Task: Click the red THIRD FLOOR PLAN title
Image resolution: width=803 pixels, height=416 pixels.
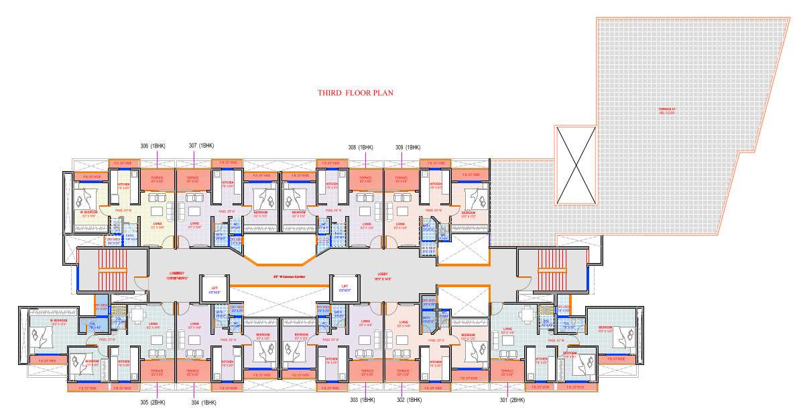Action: pos(355,93)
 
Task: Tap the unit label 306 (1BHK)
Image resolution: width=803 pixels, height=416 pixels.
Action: pos(153,146)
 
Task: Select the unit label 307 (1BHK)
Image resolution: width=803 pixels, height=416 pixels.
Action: pos(201,146)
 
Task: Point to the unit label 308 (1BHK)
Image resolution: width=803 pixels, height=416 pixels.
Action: pos(361,147)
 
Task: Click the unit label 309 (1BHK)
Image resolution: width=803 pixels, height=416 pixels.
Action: pos(408,147)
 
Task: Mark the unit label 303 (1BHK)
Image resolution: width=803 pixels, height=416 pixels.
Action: pos(362,401)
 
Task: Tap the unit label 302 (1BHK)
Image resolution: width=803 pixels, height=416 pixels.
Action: pos(408,401)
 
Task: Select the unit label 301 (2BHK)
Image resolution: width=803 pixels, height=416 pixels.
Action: pos(512,401)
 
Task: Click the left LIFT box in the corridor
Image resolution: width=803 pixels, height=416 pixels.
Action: pos(215,289)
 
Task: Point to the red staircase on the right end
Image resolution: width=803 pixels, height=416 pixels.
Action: pos(553,270)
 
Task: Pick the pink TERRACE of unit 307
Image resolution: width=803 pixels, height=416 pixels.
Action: pos(192,180)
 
